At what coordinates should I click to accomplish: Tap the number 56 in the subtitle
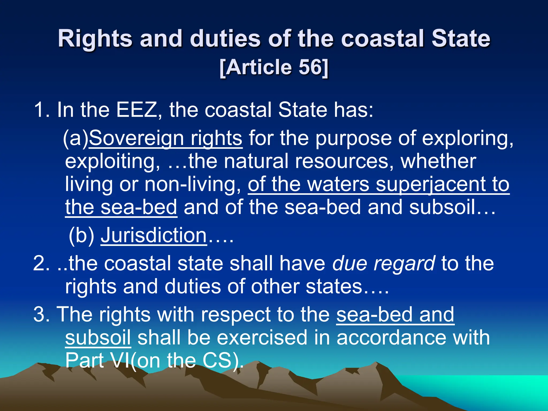pyautogui.click(x=310, y=67)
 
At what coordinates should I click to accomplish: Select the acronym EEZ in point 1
pyautogui.click(x=136, y=110)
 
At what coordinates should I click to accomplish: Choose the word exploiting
pyautogui.click(x=112, y=161)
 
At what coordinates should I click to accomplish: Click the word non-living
pyautogui.click(x=193, y=184)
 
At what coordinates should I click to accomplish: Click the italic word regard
pyautogui.click(x=404, y=263)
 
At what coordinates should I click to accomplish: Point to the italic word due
pyautogui.click(x=349, y=263)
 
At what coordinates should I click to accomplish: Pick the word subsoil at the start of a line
pyautogui.click(x=98, y=337)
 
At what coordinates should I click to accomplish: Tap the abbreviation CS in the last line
pyautogui.click(x=217, y=360)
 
